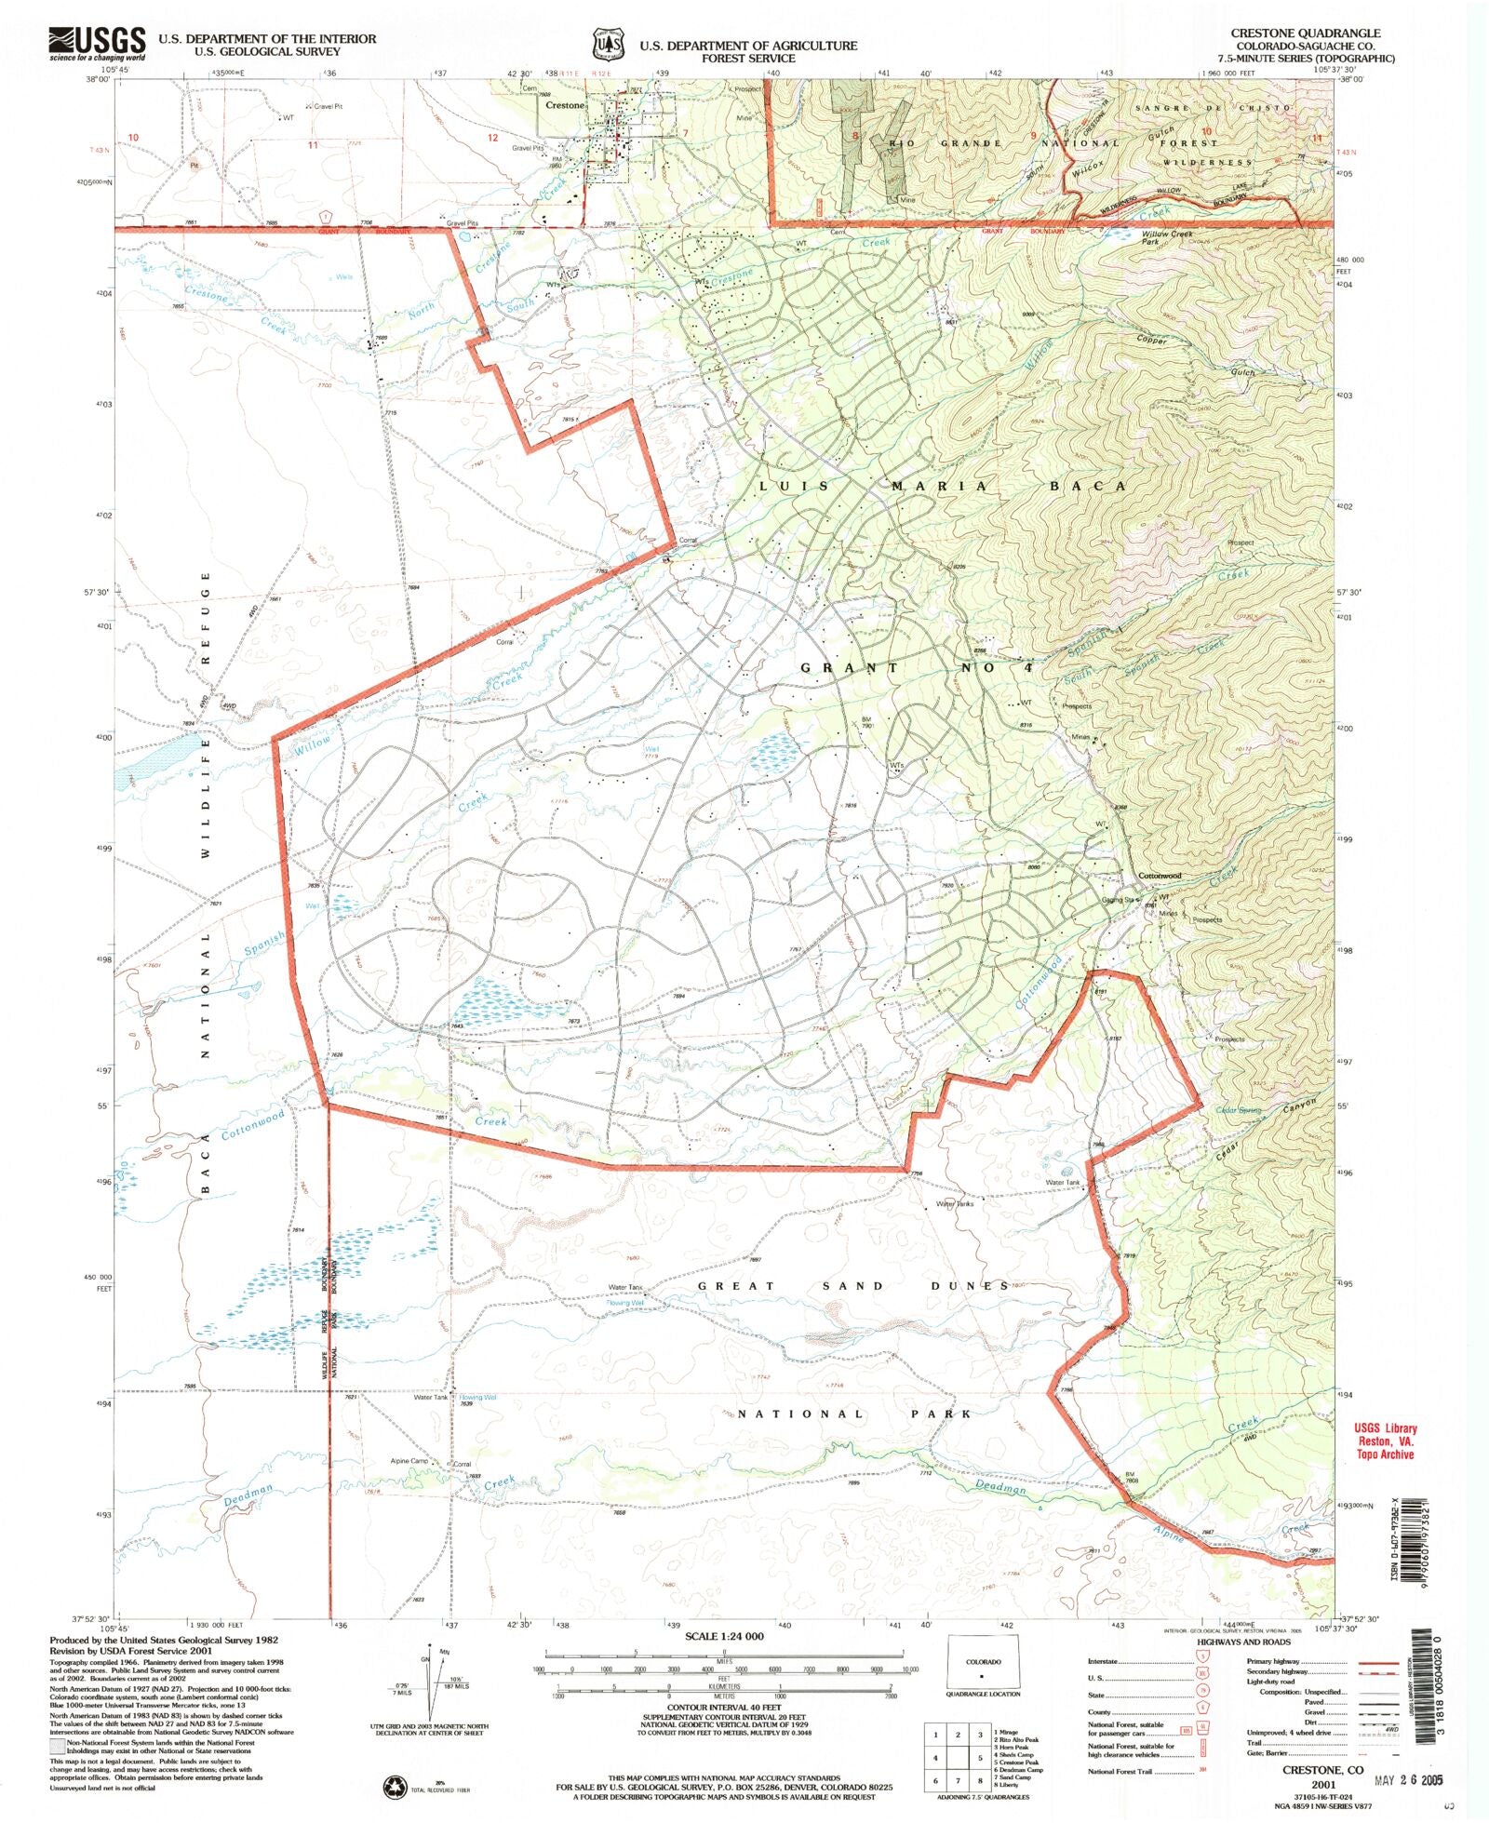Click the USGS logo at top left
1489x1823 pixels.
click(98, 43)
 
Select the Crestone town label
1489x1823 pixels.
click(564, 105)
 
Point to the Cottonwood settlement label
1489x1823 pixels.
click(1160, 876)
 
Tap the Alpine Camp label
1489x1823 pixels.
click(409, 1461)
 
